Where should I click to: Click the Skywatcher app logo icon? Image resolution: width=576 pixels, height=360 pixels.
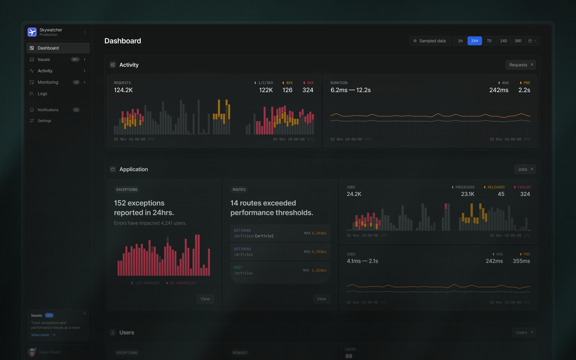pyautogui.click(x=32, y=32)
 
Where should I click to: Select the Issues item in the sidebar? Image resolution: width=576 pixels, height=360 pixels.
pyautogui.click(x=44, y=59)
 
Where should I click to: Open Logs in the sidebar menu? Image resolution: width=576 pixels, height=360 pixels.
pyautogui.click(x=42, y=94)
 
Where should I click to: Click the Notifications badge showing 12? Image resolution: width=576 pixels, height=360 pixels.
pyautogui.click(x=76, y=110)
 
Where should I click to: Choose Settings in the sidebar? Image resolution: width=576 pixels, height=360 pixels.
pyautogui.click(x=44, y=121)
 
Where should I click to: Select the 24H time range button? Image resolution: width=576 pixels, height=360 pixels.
pyautogui.click(x=474, y=41)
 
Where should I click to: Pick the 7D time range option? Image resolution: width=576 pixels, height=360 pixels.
pyautogui.click(x=489, y=41)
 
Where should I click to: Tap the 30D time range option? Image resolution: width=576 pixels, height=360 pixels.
pyautogui.click(x=518, y=41)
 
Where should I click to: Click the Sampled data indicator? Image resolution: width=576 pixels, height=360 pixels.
pyautogui.click(x=430, y=41)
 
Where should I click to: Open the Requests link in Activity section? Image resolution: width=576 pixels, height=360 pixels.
pyautogui.click(x=520, y=65)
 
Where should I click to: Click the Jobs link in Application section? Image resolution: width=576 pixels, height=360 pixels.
pyautogui.click(x=525, y=169)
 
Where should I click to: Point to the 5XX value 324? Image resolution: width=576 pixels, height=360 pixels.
pyautogui.click(x=308, y=90)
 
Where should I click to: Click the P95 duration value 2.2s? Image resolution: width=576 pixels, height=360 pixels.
pyautogui.click(x=524, y=90)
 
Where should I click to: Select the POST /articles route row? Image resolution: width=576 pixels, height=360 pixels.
pyautogui.click(x=280, y=270)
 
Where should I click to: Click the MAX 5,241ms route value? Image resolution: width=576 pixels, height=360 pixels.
pyautogui.click(x=315, y=233)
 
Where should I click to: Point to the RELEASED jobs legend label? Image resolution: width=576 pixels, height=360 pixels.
pyautogui.click(x=496, y=187)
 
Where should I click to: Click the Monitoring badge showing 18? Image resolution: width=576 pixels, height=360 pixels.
pyautogui.click(x=76, y=82)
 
